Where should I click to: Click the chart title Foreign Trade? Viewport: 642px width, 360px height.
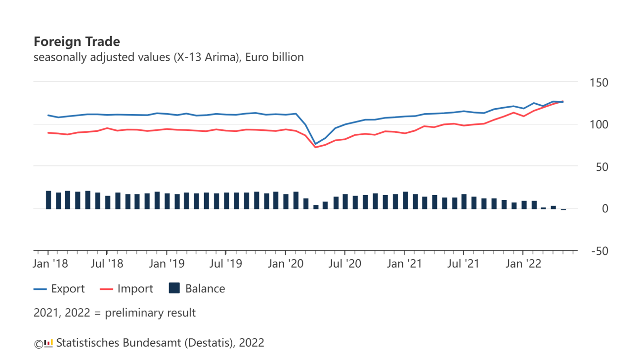(x=77, y=41)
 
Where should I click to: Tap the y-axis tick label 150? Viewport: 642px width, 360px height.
(x=598, y=82)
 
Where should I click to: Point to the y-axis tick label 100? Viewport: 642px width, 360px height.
(x=598, y=124)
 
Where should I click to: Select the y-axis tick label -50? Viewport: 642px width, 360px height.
(x=598, y=251)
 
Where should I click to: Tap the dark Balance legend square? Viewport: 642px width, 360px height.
(x=174, y=288)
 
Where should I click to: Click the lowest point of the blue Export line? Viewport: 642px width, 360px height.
(x=315, y=144)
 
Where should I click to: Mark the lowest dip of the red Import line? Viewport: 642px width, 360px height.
(x=315, y=147)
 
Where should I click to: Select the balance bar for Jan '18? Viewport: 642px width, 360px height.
(x=48, y=200)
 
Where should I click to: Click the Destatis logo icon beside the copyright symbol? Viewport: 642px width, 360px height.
(x=48, y=343)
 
